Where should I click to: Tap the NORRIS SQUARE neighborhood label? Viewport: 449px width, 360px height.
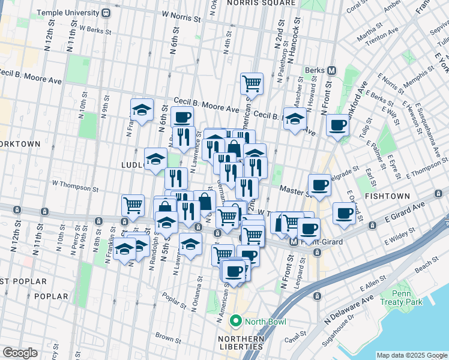tap(262, 3)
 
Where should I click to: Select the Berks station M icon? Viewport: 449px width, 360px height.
tap(331, 70)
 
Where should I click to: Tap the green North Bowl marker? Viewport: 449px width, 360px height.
tap(236, 321)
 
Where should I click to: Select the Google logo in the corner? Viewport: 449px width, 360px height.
tap(20, 352)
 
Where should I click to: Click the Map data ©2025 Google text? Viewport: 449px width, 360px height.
tap(411, 355)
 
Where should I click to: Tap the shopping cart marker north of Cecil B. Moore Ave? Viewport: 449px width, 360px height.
tap(252, 83)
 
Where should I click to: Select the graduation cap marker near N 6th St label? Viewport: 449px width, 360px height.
tap(142, 110)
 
